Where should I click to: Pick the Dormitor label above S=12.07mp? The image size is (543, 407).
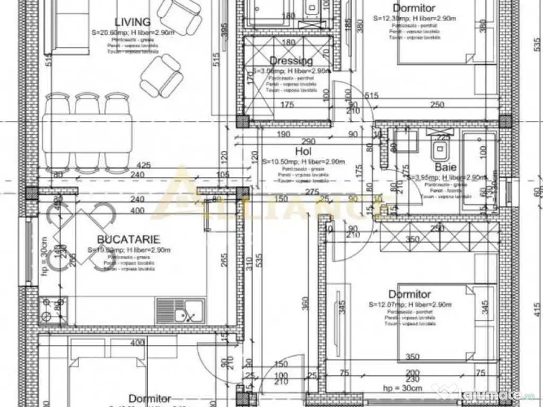coord(409,294)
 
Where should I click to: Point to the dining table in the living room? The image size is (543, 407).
coord(87,140)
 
